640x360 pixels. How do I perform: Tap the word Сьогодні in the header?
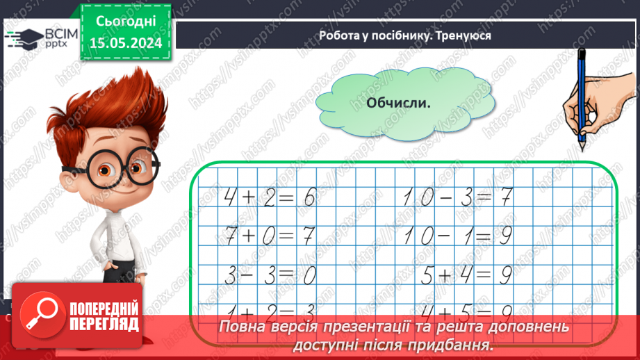[x=127, y=22]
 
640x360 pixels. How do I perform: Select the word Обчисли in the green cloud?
[x=399, y=104]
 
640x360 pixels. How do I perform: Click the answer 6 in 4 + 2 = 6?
[x=309, y=198]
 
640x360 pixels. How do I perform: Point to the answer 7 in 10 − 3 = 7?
[x=505, y=198]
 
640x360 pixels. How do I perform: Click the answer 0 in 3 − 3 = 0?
[x=309, y=276]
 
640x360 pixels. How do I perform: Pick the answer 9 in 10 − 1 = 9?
[x=505, y=237]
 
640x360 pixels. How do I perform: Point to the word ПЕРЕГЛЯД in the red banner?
[x=104, y=324]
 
